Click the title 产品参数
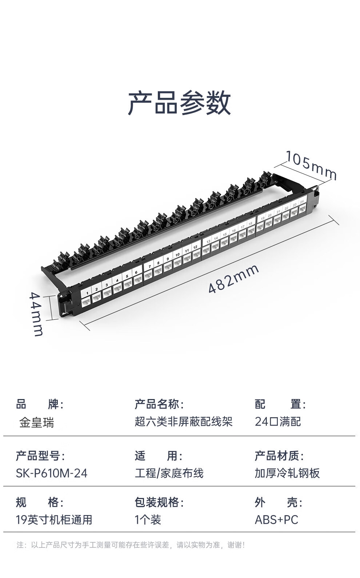(x=179, y=103)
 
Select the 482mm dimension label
(x=234, y=278)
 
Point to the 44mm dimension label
(x=36, y=314)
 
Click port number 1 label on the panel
(x=87, y=293)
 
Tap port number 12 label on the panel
(x=195, y=247)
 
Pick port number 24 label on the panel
(x=301, y=202)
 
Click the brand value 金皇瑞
(x=36, y=422)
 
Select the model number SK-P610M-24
(x=52, y=473)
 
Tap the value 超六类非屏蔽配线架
(x=184, y=422)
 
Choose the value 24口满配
(x=278, y=422)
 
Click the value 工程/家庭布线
(x=169, y=473)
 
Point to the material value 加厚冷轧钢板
(x=287, y=473)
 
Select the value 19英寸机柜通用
(x=54, y=520)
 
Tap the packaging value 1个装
(x=148, y=520)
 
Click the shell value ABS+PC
(x=276, y=520)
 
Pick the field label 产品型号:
(x=40, y=455)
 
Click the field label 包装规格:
(x=159, y=502)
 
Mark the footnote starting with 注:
(x=131, y=545)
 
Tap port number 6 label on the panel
(x=136, y=272)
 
